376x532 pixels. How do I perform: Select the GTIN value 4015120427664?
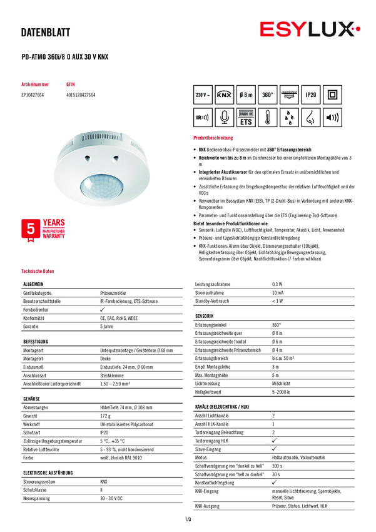81,95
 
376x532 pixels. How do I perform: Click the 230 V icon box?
203,95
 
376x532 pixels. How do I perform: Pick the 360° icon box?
267,95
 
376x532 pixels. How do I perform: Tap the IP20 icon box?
310,95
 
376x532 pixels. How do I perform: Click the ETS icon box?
246,117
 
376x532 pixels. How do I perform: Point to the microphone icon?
225,117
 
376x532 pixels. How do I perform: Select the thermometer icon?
267,117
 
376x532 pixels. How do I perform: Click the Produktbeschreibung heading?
213,138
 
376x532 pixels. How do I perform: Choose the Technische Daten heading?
38,271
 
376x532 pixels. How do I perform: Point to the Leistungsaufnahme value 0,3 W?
277,284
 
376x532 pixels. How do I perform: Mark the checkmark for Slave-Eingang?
273,448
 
